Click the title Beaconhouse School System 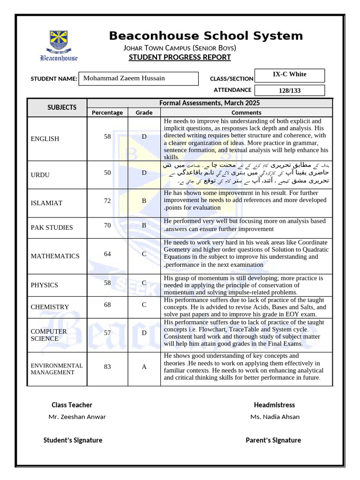coord(206,36)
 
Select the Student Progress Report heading coord(180,57)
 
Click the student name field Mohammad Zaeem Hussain coord(139,78)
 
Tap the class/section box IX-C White coord(289,75)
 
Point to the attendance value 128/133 coord(289,90)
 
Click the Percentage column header coord(107,112)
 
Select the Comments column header coord(246,112)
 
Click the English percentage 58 coord(107,136)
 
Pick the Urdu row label coord(40,175)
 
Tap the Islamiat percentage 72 coord(107,201)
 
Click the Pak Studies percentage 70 coord(107,225)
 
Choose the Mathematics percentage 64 coord(107,254)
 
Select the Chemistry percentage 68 coord(107,305)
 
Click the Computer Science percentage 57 coord(107,333)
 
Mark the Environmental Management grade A coord(144,367)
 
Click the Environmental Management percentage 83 coord(107,367)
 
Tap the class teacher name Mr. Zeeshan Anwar coord(77,417)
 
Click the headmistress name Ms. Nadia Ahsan coord(275,417)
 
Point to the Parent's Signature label coord(273,440)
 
